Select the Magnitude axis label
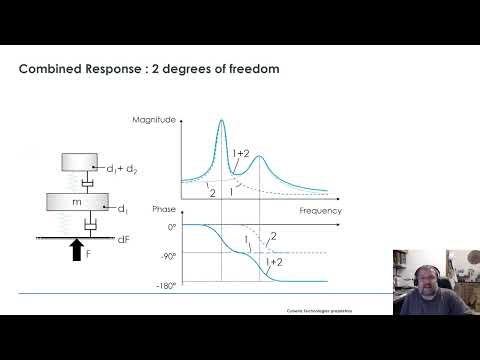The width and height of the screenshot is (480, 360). [154, 120]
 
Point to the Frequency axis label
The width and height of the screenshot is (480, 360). [320, 212]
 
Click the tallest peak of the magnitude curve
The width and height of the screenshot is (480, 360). [221, 122]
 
